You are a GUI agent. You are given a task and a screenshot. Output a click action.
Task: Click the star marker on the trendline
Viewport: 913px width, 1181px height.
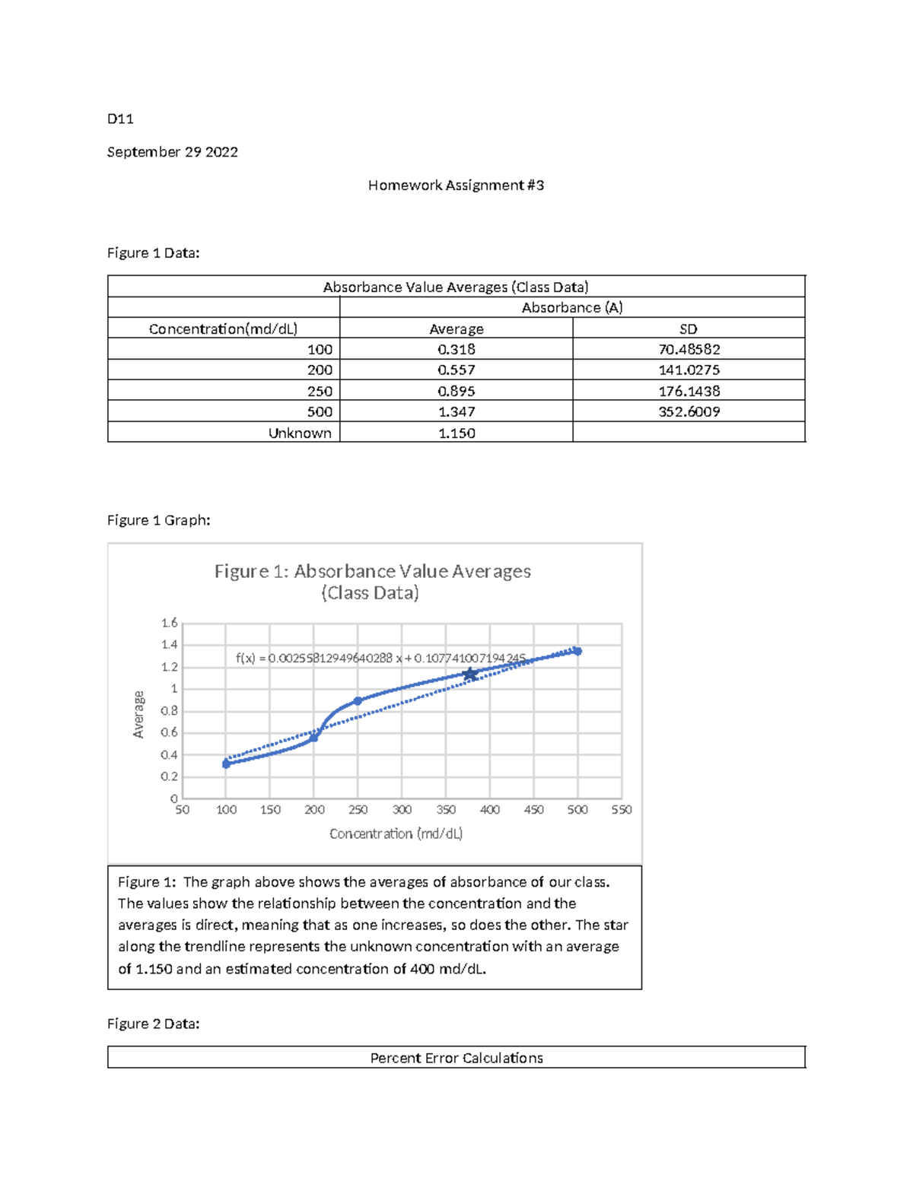point(470,675)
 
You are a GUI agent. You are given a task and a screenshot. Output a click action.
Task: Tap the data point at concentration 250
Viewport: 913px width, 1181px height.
point(358,701)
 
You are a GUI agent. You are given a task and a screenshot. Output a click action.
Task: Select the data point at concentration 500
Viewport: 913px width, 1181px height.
point(577,651)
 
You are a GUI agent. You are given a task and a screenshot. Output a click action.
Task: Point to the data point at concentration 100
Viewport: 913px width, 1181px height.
point(226,764)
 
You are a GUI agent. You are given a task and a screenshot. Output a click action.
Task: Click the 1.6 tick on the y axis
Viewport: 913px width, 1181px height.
point(169,623)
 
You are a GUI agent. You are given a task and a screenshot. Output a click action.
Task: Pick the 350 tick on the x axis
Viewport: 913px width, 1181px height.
point(446,810)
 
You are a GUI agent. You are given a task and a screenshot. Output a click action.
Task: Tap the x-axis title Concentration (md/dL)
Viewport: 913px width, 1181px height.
point(396,833)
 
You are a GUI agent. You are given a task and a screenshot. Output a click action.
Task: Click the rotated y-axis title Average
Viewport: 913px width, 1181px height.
point(138,714)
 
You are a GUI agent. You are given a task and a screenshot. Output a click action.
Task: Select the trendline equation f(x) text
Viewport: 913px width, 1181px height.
point(380,659)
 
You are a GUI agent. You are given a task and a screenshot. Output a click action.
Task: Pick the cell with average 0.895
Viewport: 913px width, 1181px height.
point(456,391)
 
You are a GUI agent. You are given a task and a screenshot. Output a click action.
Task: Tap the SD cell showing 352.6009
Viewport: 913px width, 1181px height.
point(689,411)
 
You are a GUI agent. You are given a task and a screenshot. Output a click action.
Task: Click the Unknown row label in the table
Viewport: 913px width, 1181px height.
point(300,433)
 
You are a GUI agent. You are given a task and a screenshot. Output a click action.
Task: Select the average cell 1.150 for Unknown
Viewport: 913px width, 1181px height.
point(456,433)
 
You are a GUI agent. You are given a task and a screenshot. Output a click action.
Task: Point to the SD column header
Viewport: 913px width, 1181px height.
point(688,329)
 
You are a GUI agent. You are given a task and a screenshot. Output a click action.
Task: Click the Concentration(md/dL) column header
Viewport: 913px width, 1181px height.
point(223,329)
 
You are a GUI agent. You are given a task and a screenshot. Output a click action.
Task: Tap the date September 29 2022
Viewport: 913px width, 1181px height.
point(172,151)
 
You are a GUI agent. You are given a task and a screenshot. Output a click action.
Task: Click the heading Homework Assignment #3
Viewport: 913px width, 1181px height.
point(456,185)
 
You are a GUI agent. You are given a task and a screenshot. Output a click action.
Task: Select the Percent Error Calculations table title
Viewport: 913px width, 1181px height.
point(456,1058)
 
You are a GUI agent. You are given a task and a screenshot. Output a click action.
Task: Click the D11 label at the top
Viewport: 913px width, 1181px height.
point(120,118)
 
